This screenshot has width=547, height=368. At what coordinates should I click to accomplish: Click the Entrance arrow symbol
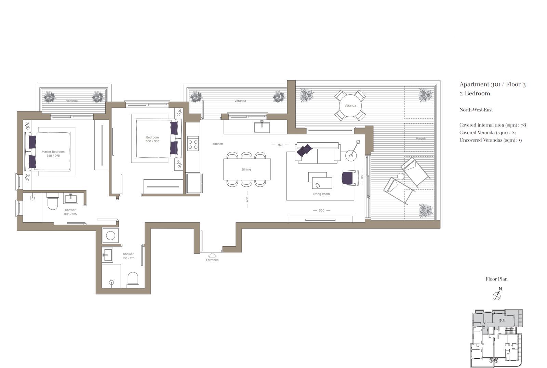(212, 255)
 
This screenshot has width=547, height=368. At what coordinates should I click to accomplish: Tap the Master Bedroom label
(53, 152)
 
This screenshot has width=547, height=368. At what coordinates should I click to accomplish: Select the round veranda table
(350, 106)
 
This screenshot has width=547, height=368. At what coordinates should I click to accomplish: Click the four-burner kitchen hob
(193, 143)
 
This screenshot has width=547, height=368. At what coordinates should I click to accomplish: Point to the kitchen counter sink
(262, 127)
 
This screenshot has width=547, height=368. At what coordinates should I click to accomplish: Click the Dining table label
(246, 169)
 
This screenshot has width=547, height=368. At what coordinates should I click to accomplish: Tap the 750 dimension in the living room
(280, 145)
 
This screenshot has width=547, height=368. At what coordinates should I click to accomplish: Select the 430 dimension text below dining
(247, 199)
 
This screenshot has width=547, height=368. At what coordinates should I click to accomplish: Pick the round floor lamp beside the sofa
(351, 155)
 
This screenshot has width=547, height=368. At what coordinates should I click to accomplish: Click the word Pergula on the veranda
(421, 139)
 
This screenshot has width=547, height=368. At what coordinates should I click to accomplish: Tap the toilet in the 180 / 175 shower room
(133, 280)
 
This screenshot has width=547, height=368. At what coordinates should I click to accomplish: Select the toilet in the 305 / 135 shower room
(53, 201)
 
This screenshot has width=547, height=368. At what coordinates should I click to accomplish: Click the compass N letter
(501, 289)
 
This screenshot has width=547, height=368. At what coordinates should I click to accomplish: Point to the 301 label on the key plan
(502, 320)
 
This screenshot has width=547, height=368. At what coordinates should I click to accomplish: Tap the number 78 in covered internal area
(523, 125)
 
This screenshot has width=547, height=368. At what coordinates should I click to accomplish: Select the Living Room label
(321, 194)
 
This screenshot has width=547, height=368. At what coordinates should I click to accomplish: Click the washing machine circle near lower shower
(110, 236)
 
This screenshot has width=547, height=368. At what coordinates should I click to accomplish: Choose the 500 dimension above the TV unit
(322, 210)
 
